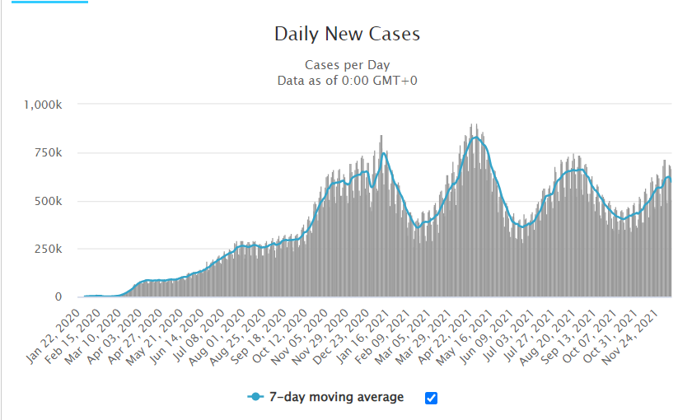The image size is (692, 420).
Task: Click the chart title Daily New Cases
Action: coord(347,35)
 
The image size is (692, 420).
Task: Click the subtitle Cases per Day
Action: coord(347,65)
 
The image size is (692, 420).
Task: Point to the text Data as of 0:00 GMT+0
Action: coord(347,80)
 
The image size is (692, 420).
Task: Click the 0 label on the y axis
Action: coord(58,296)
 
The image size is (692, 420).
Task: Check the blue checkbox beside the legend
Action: coord(431,398)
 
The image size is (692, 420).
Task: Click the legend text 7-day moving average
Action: coord(338,397)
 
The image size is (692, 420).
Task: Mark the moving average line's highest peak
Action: coord(475,138)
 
